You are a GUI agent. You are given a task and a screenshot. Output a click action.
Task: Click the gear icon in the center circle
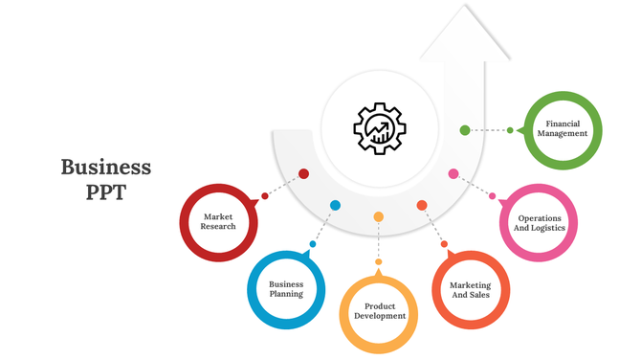click(x=380, y=127)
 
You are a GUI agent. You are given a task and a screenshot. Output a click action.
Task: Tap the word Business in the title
click(x=106, y=168)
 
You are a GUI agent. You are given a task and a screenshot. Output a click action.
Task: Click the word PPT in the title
click(x=106, y=191)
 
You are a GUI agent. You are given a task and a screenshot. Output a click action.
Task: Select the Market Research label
click(x=218, y=222)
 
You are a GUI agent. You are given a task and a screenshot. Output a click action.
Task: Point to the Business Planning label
click(x=286, y=289)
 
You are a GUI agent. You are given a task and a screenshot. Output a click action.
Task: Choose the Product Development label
click(x=379, y=311)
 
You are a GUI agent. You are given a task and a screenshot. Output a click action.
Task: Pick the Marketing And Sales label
click(x=471, y=289)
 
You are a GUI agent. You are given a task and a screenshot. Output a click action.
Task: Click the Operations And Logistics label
click(x=540, y=223)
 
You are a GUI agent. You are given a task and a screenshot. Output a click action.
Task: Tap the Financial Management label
click(x=563, y=128)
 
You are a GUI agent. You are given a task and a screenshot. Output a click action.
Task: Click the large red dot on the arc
click(x=303, y=174)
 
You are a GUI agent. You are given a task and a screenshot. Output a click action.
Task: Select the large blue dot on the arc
click(x=335, y=206)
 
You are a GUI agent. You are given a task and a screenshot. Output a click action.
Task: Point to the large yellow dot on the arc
click(x=379, y=217)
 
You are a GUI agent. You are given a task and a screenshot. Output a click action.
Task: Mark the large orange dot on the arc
click(x=422, y=206)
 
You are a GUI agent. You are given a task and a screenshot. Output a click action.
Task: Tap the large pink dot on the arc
click(x=453, y=174)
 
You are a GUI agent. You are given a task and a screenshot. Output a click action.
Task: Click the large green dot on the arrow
click(x=465, y=130)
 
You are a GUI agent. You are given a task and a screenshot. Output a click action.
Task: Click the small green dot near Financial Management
click(x=510, y=130)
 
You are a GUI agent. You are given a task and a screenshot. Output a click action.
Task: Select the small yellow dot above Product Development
click(x=379, y=261)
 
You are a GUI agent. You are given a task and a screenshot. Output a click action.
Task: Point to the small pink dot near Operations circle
click(x=493, y=196)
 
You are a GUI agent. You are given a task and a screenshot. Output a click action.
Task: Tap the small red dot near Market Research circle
click(x=265, y=196)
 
